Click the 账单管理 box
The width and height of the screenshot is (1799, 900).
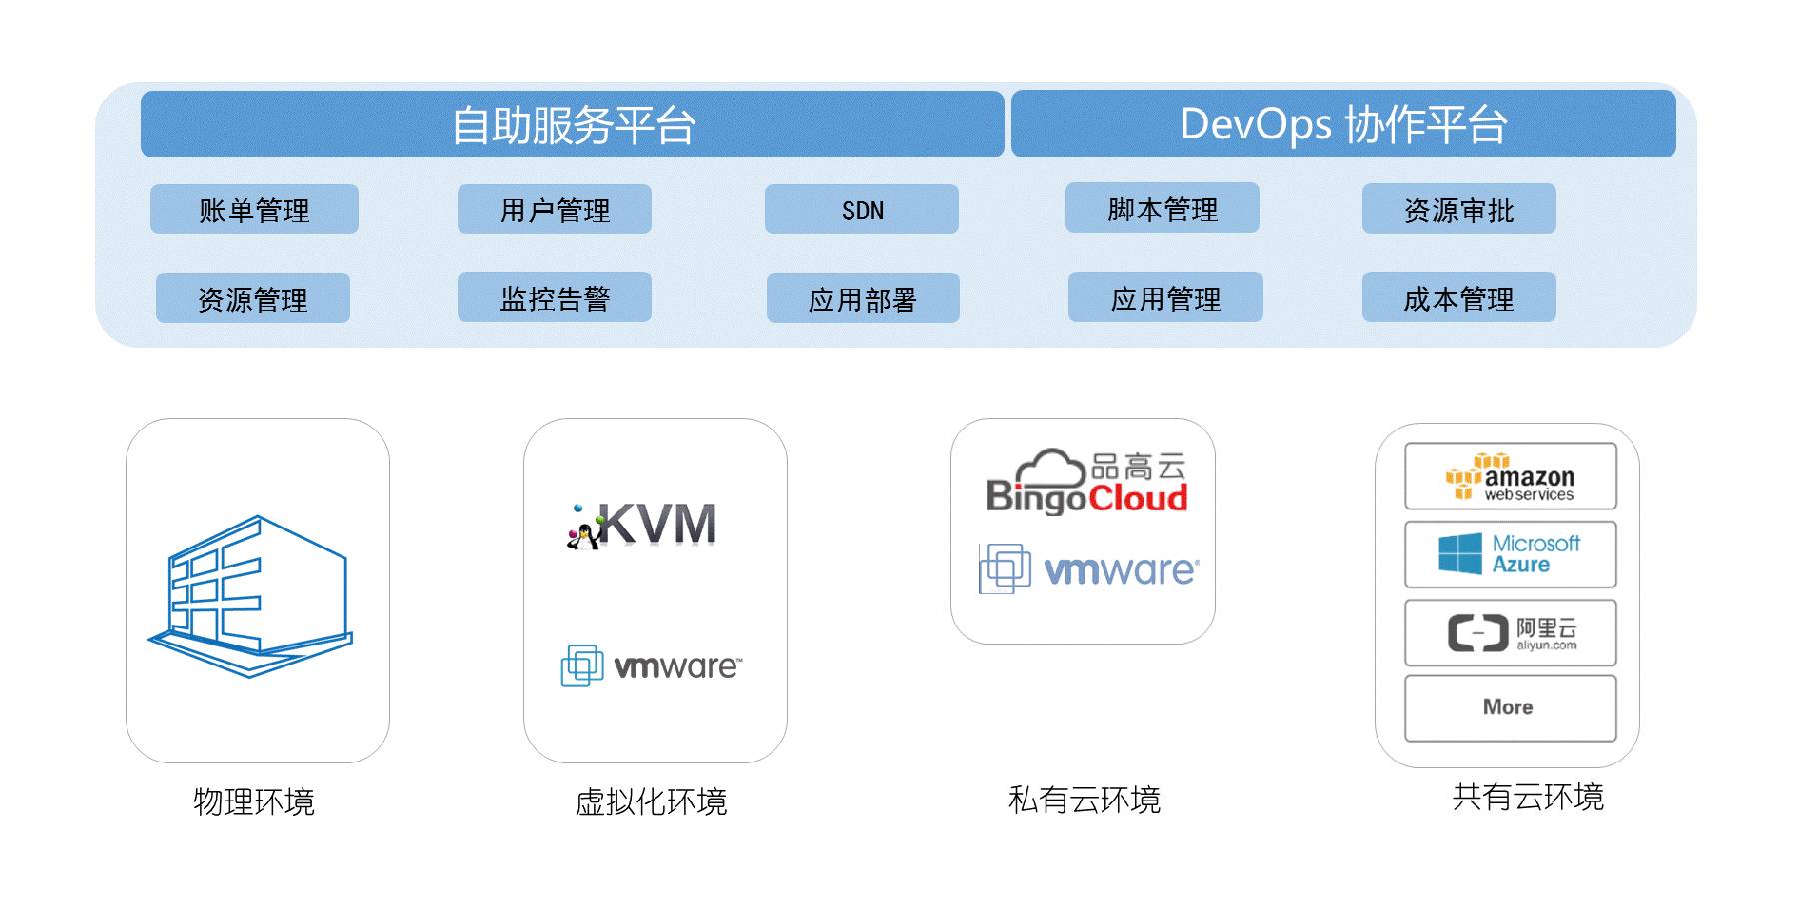coord(254,209)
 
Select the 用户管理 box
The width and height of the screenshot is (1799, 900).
coord(554,209)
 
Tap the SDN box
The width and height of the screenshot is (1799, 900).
coord(862,209)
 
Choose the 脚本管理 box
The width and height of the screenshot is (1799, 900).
coord(1162,208)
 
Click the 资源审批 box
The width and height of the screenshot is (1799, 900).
coord(1458,209)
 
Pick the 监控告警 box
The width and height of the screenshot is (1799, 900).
coord(554,298)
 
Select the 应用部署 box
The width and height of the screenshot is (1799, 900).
coord(863,299)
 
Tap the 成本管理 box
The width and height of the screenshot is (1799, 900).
coord(1458,298)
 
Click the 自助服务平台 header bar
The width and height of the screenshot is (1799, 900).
coord(573,124)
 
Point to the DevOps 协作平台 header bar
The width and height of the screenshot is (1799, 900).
coord(1343,124)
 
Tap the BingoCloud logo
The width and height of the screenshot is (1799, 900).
coord(1086,482)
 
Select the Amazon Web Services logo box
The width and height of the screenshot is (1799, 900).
coord(1510,477)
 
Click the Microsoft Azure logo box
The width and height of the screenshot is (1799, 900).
coord(1510,554)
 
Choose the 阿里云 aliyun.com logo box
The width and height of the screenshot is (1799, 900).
coord(1510,633)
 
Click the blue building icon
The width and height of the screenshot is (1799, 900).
coord(251,596)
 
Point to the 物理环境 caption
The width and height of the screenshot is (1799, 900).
coord(254,801)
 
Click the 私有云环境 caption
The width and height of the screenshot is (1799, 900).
coord(1084,799)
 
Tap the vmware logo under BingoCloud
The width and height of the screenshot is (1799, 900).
coord(1089,570)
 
